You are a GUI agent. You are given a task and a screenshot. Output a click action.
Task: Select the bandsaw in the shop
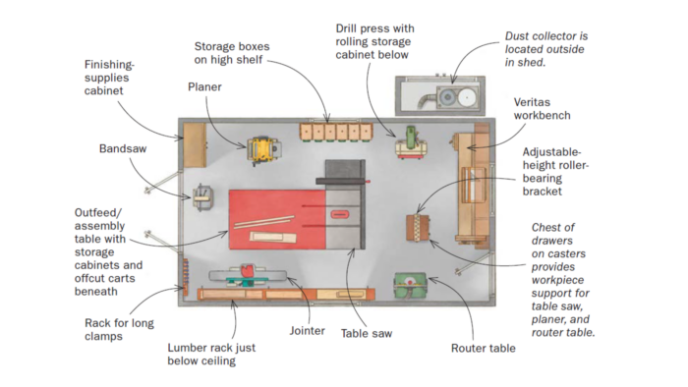click(204, 196)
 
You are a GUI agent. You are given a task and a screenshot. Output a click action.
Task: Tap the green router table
click(411, 285)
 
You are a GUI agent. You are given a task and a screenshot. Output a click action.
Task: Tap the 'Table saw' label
click(367, 333)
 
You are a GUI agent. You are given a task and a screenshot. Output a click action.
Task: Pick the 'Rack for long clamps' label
click(119, 330)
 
